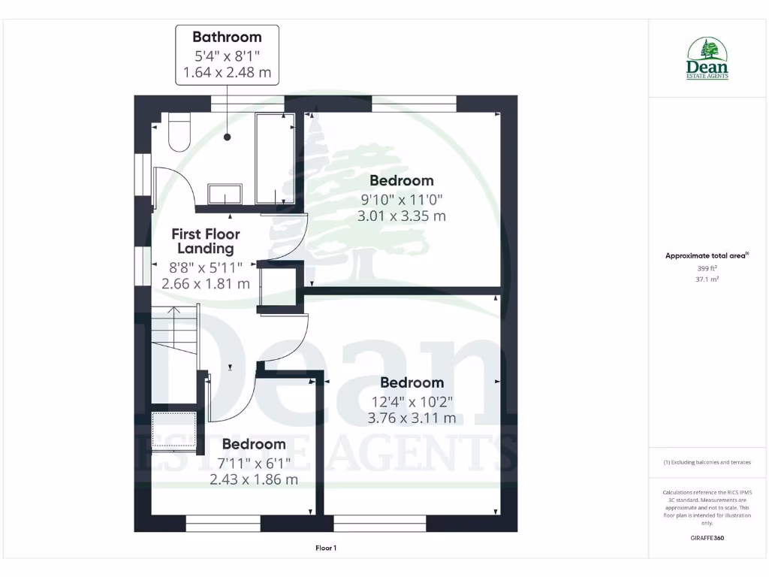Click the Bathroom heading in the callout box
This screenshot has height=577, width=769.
click(227, 37)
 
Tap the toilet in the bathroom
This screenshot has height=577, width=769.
click(179, 132)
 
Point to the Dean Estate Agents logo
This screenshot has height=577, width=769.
click(707, 59)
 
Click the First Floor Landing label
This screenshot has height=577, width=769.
click(205, 241)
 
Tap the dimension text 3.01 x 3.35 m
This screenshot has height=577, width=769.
click(402, 216)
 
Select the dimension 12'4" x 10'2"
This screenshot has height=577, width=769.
click(412, 401)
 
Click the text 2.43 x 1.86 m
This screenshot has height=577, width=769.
click(254, 479)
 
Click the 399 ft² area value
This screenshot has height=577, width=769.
click(707, 268)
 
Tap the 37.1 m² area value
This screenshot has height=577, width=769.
click(707, 279)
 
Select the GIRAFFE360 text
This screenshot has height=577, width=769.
click(707, 538)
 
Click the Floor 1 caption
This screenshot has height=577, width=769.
click(325, 548)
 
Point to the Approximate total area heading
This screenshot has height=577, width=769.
click(706, 256)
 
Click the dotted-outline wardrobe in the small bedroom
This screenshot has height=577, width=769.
click(174, 430)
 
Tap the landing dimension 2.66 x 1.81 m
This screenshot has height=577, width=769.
click(206, 284)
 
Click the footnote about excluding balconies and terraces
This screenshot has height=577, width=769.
click(707, 462)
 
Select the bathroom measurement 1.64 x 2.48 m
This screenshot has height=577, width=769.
click(227, 74)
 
